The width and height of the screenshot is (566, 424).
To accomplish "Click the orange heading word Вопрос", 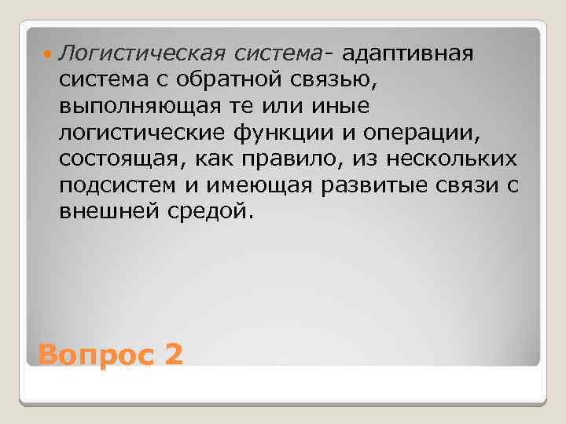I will tap(95, 356).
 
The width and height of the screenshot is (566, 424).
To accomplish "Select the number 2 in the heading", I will tap(174, 355).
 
